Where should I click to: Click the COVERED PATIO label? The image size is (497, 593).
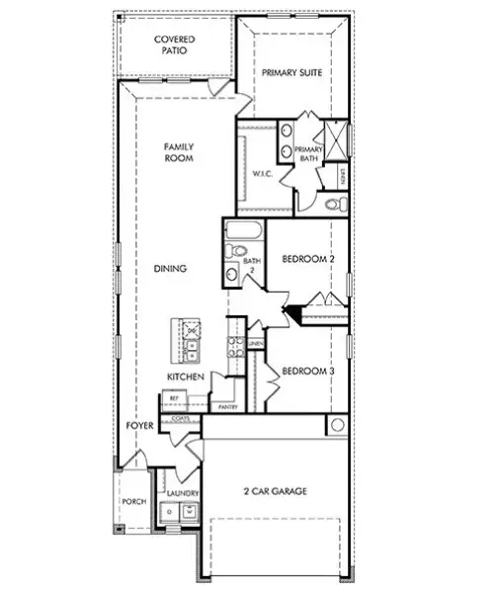175,44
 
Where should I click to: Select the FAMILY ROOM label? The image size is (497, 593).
179,152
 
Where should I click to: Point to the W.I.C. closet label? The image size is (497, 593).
262,175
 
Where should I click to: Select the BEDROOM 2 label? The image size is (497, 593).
309,260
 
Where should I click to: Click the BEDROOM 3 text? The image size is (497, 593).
309,372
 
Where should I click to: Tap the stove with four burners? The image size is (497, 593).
236,345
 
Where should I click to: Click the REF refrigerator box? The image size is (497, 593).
174,398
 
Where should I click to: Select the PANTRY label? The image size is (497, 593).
226,406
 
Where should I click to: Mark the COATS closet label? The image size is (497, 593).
180,419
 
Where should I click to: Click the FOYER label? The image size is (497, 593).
138,426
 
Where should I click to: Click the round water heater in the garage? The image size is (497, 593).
337,425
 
